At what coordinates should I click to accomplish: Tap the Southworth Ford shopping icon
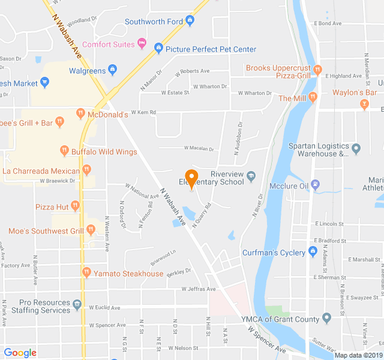pos(190,22)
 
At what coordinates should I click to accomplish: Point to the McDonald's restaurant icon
pos(80,112)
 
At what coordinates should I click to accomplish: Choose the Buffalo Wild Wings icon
pos(64,151)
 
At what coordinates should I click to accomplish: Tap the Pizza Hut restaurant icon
pos(76,206)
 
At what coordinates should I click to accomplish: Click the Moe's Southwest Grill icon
pos(91,229)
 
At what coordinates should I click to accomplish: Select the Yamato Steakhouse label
pos(128,274)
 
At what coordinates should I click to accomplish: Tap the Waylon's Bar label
pos(355,92)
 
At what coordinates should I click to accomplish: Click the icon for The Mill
pos(313,98)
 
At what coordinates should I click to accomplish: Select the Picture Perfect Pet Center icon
pos(158,48)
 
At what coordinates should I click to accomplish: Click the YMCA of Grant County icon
pos(326,317)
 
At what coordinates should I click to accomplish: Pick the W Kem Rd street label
pos(143,112)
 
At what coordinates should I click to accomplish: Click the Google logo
pos(20,353)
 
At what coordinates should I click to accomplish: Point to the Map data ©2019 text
pos(358,355)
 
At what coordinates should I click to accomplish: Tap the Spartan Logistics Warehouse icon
pos(356,148)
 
